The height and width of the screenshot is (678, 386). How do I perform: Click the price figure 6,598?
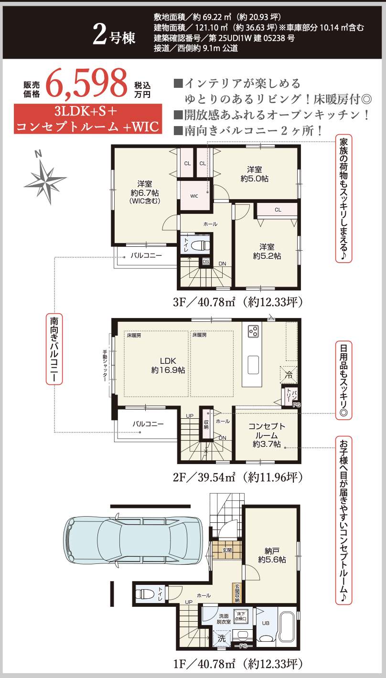click(x=86, y=83)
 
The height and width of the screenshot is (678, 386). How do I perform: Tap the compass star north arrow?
click(x=45, y=178)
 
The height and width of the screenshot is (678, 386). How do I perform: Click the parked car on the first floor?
click(x=133, y=539)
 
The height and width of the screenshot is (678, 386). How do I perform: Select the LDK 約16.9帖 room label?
click(x=168, y=365)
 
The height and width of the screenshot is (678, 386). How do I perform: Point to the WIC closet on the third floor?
click(x=194, y=196)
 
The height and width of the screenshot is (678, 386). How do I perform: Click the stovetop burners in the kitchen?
click(x=253, y=331)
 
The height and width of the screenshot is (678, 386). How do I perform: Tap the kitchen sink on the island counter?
click(x=253, y=365)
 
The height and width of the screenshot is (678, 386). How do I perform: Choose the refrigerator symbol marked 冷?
click(x=288, y=375)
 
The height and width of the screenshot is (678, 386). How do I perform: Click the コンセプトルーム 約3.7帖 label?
click(x=267, y=435)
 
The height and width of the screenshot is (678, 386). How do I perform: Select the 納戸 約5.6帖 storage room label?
click(x=272, y=555)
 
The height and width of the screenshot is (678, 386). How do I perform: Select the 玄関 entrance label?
click(x=227, y=550)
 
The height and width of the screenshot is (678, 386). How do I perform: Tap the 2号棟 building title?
click(x=114, y=35)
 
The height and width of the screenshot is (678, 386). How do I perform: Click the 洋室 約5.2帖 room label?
click(x=267, y=251)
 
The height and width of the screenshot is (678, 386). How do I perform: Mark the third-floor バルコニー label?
click(x=146, y=255)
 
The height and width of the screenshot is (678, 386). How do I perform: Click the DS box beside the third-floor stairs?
click(x=206, y=262)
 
